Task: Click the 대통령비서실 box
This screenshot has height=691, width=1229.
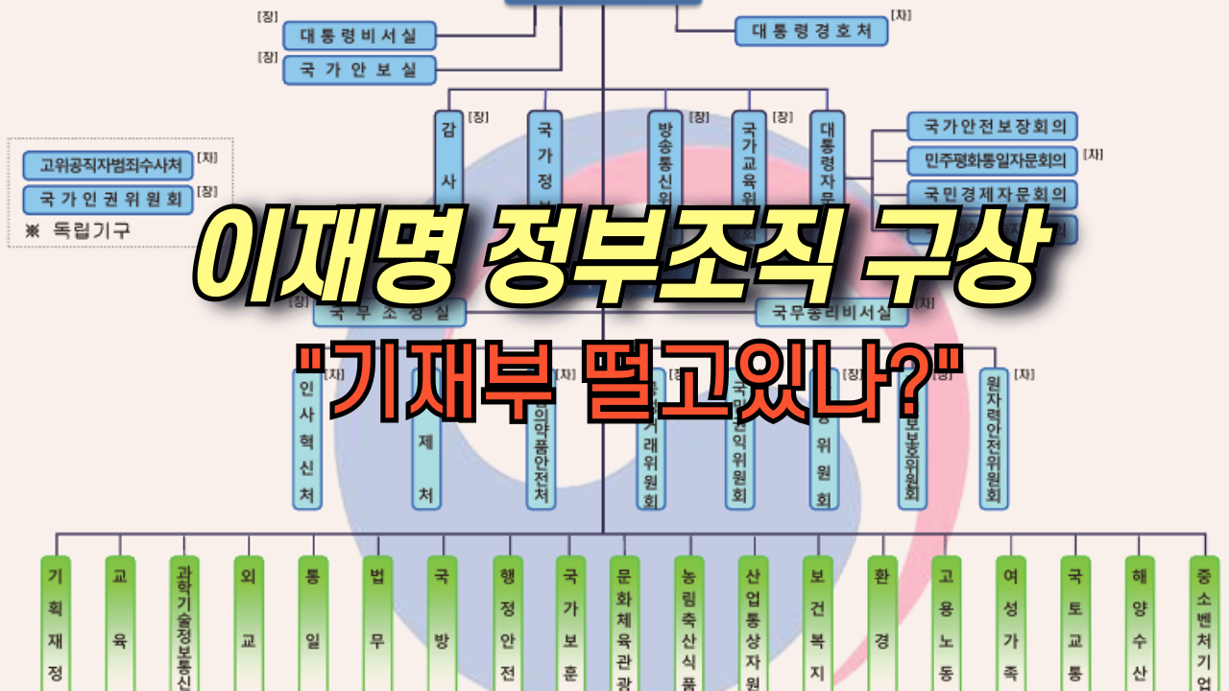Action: (x=359, y=36)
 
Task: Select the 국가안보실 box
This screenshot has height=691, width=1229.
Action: (x=359, y=70)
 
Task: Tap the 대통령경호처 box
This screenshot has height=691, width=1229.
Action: (x=811, y=31)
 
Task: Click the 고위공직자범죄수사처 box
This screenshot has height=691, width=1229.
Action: (x=108, y=164)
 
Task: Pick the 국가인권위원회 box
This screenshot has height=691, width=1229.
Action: (x=108, y=199)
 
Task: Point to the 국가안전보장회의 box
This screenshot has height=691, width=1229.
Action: (x=992, y=126)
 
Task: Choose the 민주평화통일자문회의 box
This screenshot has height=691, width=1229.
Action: (x=992, y=160)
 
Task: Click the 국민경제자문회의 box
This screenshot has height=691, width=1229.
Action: (x=992, y=194)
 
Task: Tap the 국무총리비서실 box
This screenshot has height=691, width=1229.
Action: (x=831, y=312)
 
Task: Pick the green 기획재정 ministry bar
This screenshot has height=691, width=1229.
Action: (x=55, y=624)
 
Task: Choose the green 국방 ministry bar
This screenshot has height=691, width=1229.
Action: (x=442, y=624)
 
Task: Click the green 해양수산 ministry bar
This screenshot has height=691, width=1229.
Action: (x=1140, y=624)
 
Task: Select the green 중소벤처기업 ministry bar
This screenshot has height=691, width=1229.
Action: (x=1204, y=624)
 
